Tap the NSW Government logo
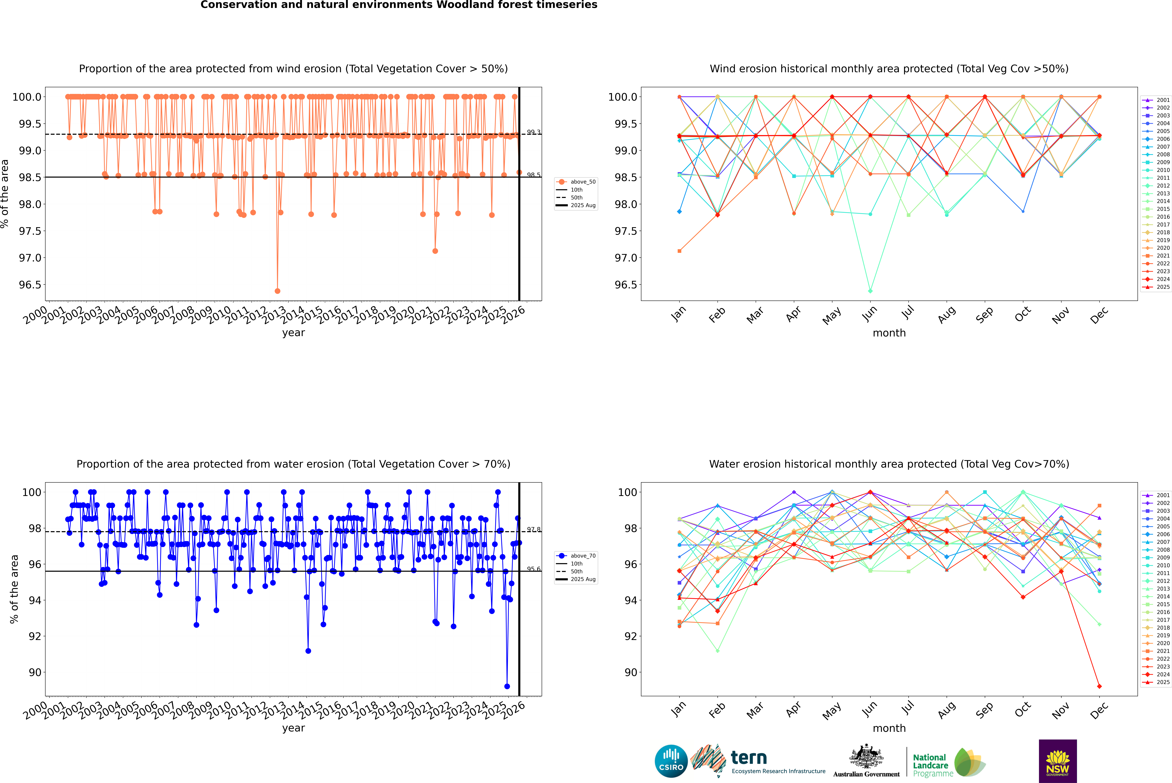pos(1058,761)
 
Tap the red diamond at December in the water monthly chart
pos(1099,686)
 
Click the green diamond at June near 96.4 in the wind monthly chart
pos(870,291)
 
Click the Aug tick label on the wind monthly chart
pos(947,315)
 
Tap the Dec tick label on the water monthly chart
pos(1099,710)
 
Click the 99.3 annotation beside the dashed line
pos(533,132)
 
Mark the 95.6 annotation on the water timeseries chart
pos(533,569)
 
